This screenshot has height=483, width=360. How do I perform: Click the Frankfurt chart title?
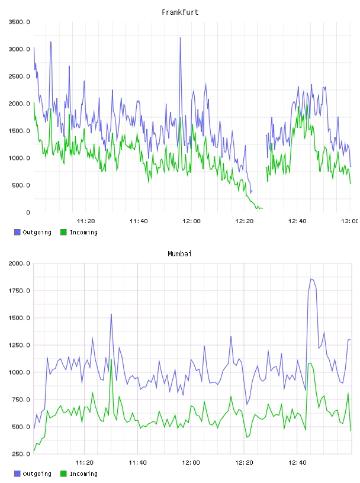[180, 12]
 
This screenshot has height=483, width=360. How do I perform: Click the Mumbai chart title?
[179, 253]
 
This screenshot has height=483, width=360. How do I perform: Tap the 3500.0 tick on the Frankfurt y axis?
[19, 22]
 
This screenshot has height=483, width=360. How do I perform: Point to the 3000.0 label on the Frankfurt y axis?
[19, 49]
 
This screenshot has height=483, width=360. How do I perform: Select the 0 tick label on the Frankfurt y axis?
[28, 212]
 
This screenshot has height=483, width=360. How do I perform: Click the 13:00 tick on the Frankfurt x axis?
[350, 221]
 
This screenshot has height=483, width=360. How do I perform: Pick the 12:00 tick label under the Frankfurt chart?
[191, 221]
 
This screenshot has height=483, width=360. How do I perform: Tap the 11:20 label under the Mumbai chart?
[84, 462]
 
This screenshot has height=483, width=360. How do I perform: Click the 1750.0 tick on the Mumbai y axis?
[19, 291]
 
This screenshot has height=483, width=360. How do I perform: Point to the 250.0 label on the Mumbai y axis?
[21, 454]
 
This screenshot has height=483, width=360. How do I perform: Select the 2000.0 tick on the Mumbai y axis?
[19, 263]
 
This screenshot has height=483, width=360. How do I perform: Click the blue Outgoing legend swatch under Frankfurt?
[17, 232]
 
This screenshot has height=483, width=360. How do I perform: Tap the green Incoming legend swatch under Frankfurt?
[63, 232]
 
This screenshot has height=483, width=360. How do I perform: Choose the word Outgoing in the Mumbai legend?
[37, 474]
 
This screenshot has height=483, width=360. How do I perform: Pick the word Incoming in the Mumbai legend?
[83, 474]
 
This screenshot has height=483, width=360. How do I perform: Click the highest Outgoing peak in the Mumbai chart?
[311, 279]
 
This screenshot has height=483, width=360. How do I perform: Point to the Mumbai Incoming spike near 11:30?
[111, 359]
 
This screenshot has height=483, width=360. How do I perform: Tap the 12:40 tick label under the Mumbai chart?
[297, 462]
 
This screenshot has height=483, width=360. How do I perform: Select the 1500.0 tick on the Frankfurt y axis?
[19, 131]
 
